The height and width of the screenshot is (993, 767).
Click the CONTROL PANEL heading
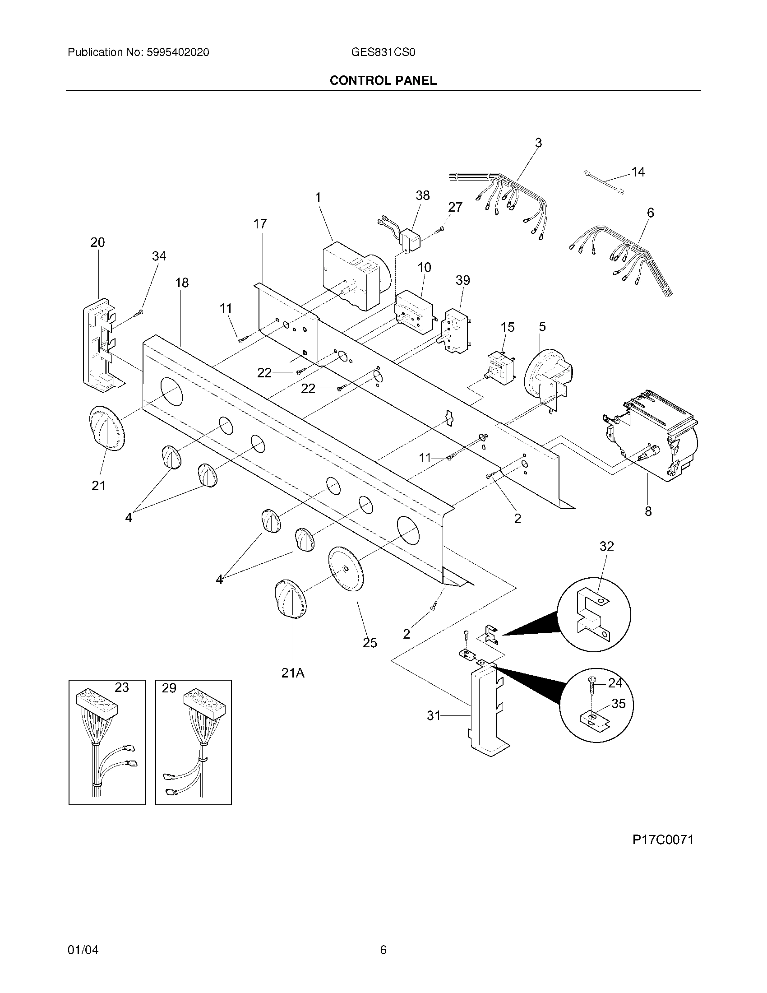point(383,80)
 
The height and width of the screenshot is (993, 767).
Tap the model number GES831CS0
point(383,52)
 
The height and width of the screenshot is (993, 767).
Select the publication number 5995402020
point(178,52)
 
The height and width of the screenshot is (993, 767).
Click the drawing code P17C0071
point(663,840)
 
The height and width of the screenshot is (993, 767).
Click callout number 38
point(423,195)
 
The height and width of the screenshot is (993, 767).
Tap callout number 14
point(638,172)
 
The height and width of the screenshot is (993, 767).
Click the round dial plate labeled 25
point(347,569)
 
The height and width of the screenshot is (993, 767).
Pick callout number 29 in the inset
point(169,688)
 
